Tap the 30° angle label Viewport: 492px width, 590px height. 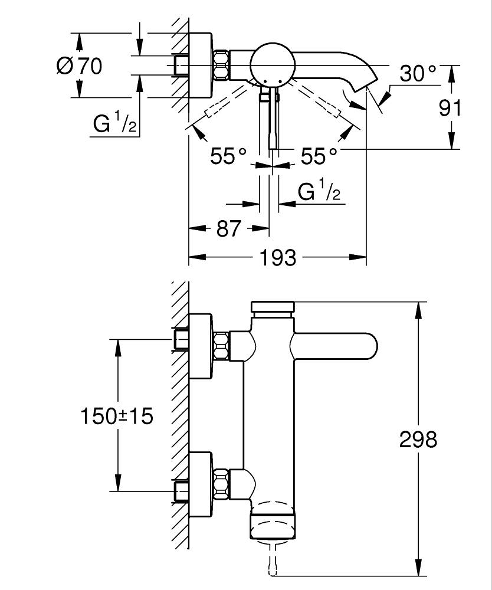click(418, 74)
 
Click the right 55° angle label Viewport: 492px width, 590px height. click(319, 156)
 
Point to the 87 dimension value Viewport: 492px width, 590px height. click(229, 228)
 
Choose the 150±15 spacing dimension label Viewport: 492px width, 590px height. click(116, 416)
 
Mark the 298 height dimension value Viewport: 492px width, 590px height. click(418, 440)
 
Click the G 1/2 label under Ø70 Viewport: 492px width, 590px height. click(115, 124)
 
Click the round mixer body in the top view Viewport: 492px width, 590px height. click(270, 64)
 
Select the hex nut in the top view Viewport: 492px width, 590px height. click(222, 65)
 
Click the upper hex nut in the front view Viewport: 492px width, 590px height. click(222, 346)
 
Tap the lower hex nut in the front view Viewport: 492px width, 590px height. click(222, 482)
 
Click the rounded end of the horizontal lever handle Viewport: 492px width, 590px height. click(369, 346)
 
